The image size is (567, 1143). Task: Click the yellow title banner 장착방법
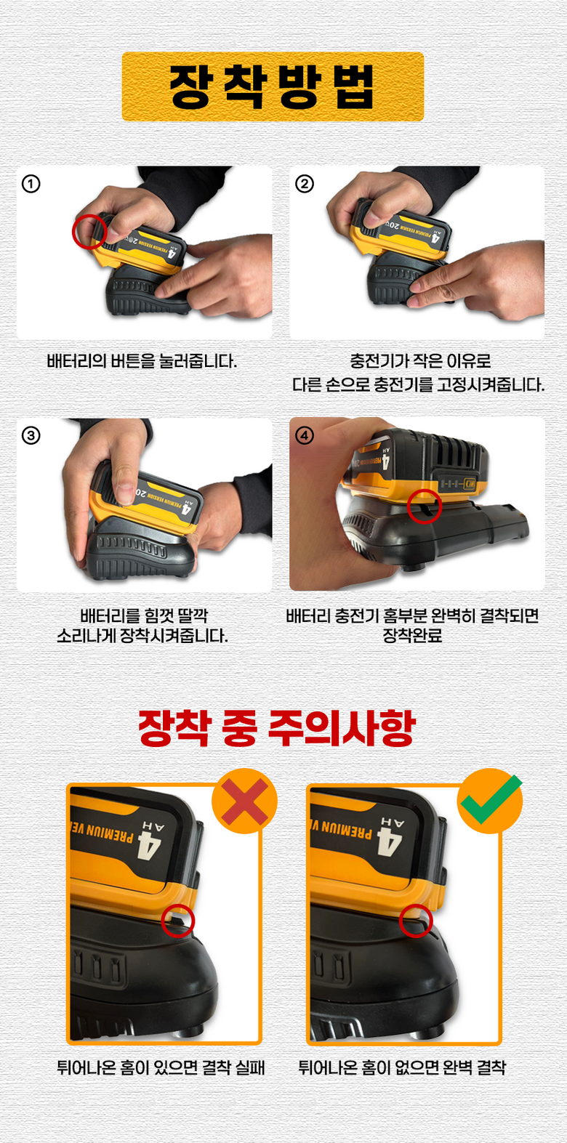pos(273,86)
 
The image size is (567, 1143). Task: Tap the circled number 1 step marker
pos(31,184)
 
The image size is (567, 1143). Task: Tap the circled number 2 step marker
pos(305,184)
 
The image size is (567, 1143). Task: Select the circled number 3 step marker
pos(31,436)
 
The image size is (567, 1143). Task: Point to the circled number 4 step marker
pos(305,436)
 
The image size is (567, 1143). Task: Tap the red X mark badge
pos(244,801)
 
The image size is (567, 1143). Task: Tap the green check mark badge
pos(491,800)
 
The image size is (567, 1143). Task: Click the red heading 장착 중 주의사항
pos(277,728)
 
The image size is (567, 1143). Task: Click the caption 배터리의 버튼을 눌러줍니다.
pos(142,361)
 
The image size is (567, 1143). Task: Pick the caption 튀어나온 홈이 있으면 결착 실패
pos(161,1067)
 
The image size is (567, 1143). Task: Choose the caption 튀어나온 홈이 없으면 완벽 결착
pos(402,1067)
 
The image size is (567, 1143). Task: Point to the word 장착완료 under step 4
pos(412,636)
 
